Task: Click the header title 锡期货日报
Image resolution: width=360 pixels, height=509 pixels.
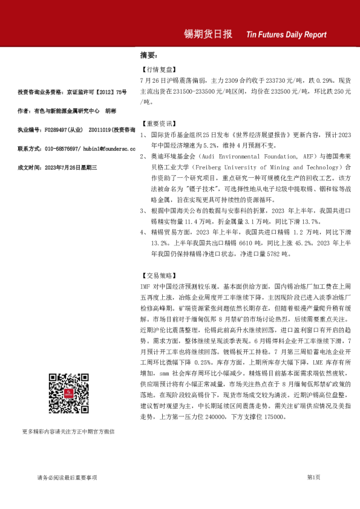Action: tap(208, 34)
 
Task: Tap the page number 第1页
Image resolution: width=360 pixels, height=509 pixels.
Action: tap(313, 477)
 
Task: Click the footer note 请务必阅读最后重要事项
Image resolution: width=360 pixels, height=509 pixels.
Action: tap(67, 478)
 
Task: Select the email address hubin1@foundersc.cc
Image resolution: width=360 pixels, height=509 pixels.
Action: tap(97, 148)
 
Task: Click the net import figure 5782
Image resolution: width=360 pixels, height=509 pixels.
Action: tap(278, 254)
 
